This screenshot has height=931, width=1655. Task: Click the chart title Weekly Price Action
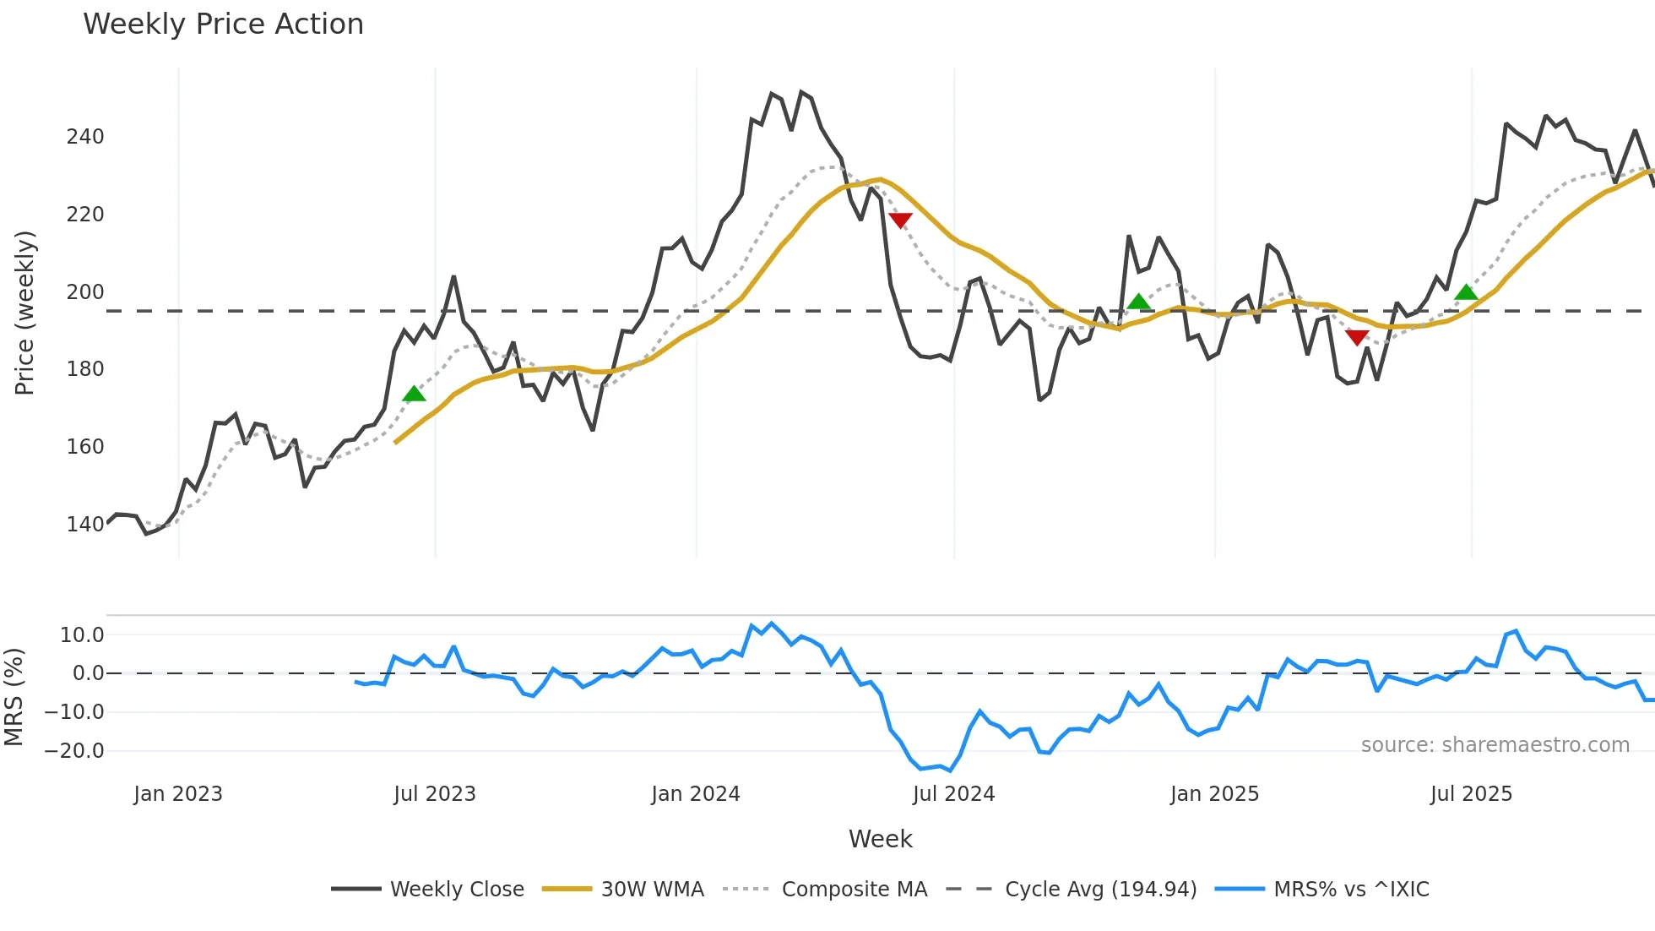point(223,24)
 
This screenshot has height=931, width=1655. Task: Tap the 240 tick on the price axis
point(85,137)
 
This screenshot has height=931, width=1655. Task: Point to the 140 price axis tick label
point(85,524)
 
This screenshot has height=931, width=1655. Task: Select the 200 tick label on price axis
point(85,292)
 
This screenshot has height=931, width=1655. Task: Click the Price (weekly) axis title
point(24,313)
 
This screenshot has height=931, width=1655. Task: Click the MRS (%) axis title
point(14,697)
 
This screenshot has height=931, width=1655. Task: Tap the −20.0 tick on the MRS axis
point(74,751)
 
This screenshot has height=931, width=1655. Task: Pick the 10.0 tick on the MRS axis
point(82,635)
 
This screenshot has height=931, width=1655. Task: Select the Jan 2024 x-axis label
point(695,794)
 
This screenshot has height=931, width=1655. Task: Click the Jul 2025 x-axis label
point(1471,794)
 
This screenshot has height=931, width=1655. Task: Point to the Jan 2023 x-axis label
point(178,794)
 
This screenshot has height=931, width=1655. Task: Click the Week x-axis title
point(880,839)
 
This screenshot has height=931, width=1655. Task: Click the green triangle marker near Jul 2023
point(414,395)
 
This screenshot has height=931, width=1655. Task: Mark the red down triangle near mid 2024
point(900,220)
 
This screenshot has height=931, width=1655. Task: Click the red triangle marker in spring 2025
point(1357,338)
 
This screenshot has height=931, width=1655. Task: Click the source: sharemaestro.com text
point(1495,745)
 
